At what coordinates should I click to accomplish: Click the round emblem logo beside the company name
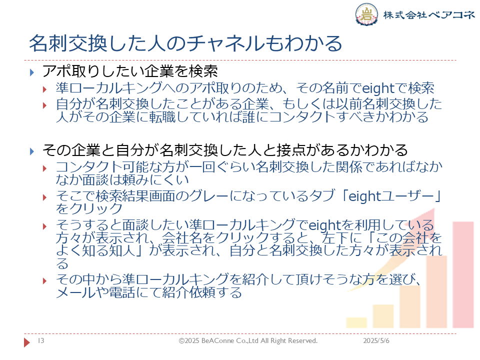tap(366, 14)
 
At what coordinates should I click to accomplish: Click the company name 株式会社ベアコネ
tap(428, 14)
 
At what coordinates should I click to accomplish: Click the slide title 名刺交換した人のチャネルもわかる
tap(185, 43)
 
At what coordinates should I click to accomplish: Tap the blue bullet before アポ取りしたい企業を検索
tap(32, 72)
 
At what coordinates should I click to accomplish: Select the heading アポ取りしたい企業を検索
tap(130, 71)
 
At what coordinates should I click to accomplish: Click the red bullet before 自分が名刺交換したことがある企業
tap(44, 105)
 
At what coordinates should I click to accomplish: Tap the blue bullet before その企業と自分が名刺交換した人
tap(32, 151)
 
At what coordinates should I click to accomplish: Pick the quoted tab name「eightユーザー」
tap(391, 196)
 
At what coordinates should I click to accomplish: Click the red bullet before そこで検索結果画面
tap(44, 197)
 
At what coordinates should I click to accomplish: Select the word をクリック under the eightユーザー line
tap(89, 209)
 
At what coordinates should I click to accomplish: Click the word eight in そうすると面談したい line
tap(324, 225)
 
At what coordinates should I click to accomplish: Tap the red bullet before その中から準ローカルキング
tap(44, 280)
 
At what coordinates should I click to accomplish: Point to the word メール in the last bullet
tap(75, 292)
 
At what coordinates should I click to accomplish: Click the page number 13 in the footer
tap(41, 340)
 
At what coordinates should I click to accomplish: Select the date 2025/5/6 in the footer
tap(376, 340)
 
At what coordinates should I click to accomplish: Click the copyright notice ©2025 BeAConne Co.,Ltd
tap(248, 340)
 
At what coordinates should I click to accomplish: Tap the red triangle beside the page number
tap(27, 342)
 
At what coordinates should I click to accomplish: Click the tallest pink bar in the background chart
tap(463, 274)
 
